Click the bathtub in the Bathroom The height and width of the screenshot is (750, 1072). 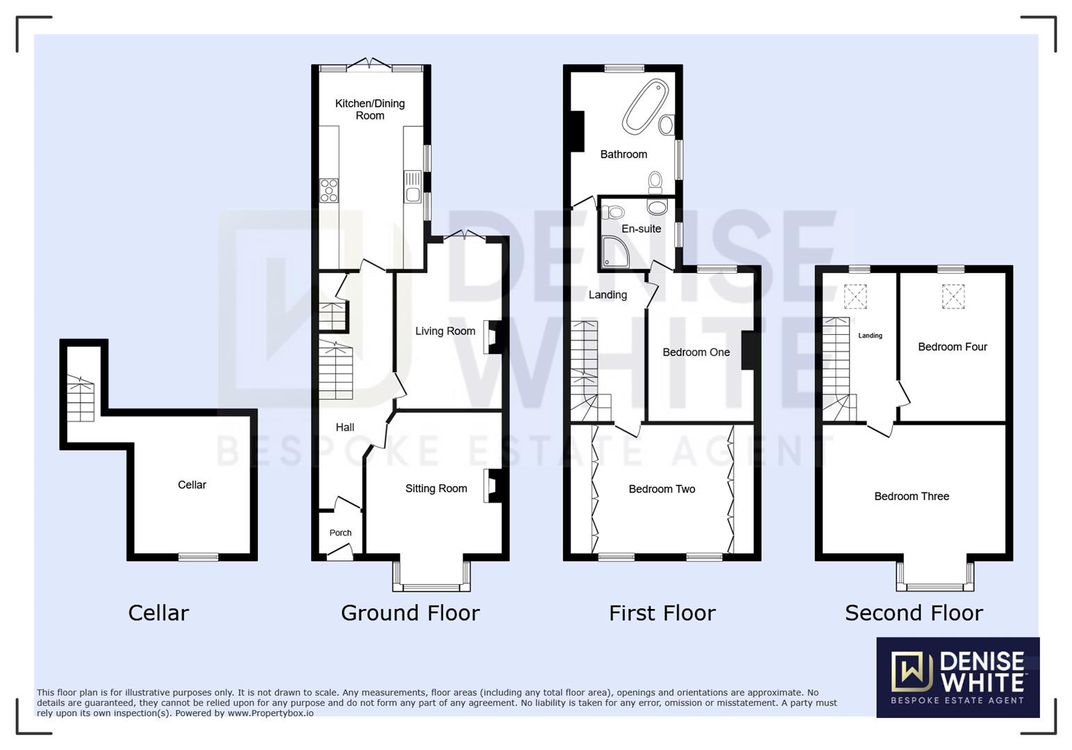pos(645,106)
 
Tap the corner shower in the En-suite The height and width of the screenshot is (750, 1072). pos(616,251)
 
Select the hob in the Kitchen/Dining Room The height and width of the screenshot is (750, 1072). pos(329,190)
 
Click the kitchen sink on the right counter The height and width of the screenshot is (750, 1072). pos(412,187)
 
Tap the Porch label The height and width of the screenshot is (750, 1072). pos(340,533)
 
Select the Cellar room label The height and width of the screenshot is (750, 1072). pos(192,485)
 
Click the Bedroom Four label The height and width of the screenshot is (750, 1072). pos(952,347)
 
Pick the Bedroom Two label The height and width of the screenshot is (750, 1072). pos(662,489)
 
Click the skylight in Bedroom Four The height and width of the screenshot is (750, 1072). pos(953,297)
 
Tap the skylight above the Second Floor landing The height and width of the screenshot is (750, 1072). pos(855,297)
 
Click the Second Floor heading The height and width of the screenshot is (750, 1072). pos(914,612)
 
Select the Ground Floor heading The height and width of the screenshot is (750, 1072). pos(410,612)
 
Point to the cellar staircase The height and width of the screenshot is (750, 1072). pos(81,399)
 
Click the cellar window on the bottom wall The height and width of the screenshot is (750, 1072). pos(199,556)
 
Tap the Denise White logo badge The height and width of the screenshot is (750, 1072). pos(957,677)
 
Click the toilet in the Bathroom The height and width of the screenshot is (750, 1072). pos(655,182)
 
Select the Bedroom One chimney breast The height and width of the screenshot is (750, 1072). pos(748,351)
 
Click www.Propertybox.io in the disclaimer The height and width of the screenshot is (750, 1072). pos(270,713)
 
